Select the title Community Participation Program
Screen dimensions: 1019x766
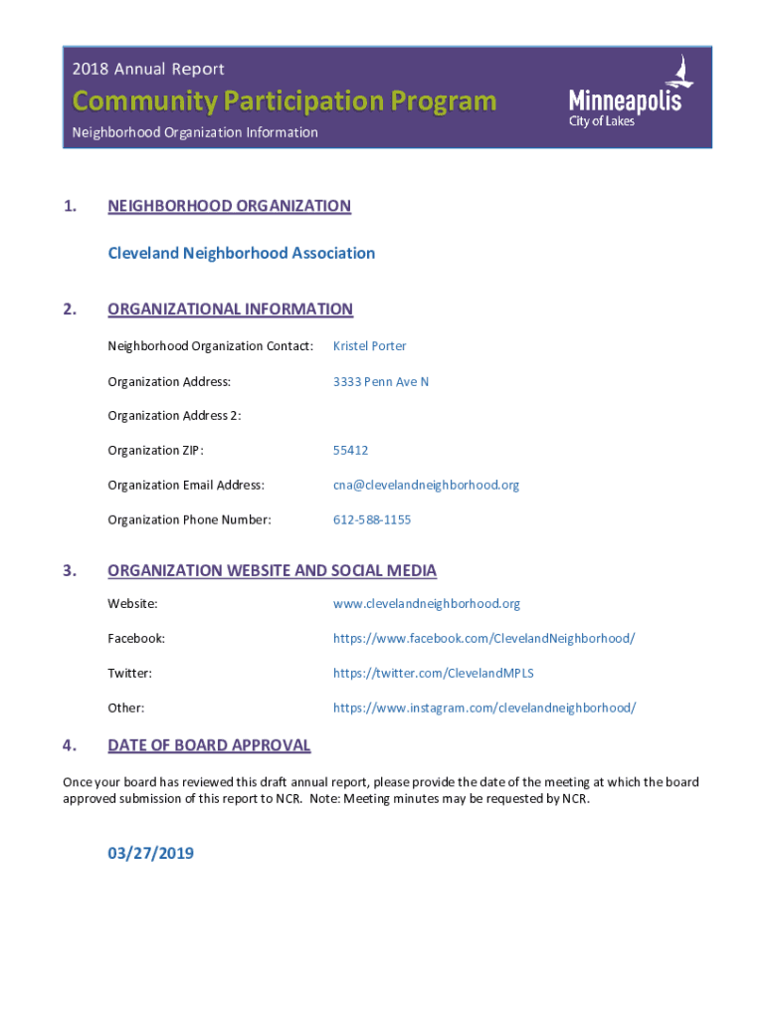(x=284, y=101)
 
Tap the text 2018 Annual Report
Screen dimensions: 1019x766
(x=148, y=69)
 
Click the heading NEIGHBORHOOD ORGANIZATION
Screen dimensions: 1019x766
(x=229, y=206)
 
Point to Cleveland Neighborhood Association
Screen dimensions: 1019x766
(x=242, y=253)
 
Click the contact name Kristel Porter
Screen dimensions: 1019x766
(x=369, y=346)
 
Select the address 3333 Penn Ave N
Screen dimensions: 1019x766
(x=381, y=381)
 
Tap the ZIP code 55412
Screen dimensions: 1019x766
(x=350, y=450)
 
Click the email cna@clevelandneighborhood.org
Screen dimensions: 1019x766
(x=426, y=485)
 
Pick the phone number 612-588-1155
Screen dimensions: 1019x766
(x=372, y=519)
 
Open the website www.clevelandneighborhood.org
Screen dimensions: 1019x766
(x=426, y=603)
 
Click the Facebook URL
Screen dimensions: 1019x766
(x=483, y=638)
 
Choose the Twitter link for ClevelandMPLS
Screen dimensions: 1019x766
(x=433, y=673)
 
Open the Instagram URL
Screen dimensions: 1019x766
(x=483, y=708)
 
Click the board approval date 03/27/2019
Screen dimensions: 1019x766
(x=151, y=853)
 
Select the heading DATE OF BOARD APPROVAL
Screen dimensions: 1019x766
(x=209, y=745)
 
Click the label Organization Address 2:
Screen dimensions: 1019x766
(x=174, y=415)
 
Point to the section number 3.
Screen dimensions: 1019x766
(x=69, y=570)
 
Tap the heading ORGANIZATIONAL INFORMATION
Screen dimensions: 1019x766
(x=230, y=308)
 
